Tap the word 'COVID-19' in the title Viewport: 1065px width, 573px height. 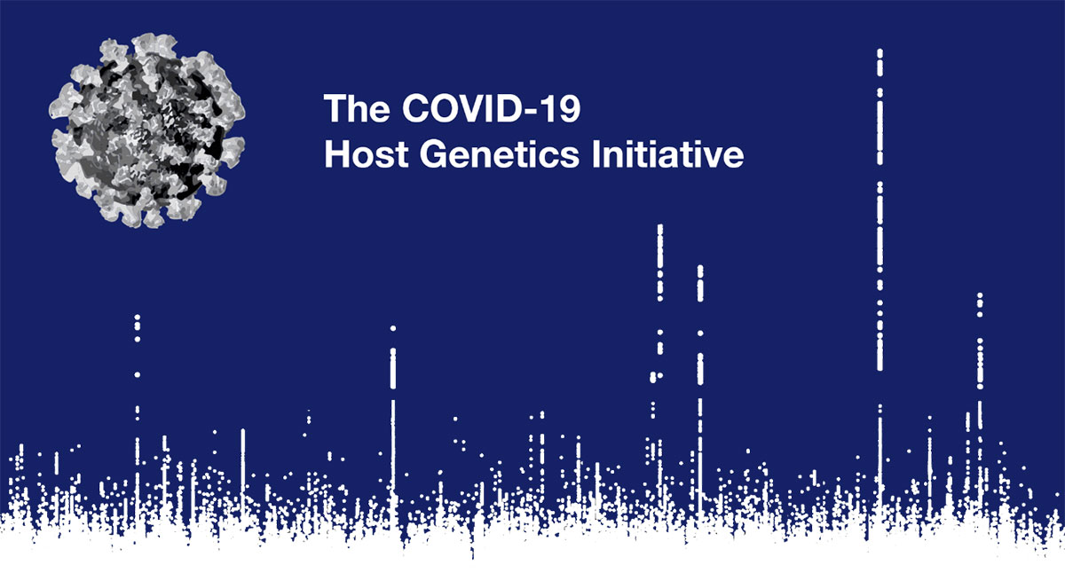click(491, 108)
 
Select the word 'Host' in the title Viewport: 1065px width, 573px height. click(366, 153)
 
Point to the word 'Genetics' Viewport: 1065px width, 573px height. click(500, 153)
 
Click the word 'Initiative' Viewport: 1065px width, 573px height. click(668, 153)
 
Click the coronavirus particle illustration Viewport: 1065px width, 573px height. click(147, 130)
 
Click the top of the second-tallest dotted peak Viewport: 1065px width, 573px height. click(660, 228)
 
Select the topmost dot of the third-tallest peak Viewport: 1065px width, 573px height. click(700, 269)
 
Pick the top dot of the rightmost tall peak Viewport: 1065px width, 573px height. click(980, 295)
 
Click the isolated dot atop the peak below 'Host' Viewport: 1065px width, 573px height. click(392, 328)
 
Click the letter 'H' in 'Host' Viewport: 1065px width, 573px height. click(336, 153)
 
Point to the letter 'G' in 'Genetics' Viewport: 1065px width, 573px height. click(434, 153)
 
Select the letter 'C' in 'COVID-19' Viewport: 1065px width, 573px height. click(416, 108)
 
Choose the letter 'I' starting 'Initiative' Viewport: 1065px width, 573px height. click(596, 153)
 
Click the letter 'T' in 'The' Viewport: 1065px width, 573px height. click(335, 108)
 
